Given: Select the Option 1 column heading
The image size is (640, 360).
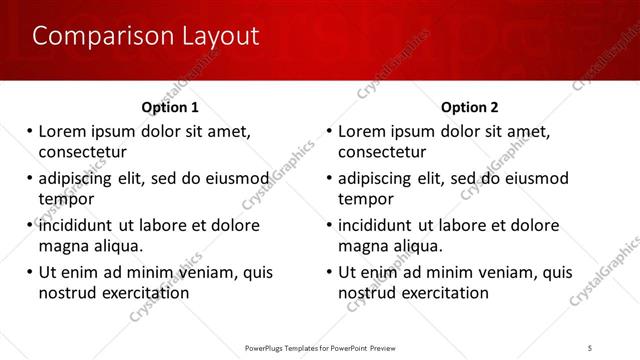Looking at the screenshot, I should [x=170, y=107].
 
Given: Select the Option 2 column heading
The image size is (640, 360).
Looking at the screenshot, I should [x=470, y=107].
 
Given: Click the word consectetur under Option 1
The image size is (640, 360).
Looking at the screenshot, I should [x=82, y=152].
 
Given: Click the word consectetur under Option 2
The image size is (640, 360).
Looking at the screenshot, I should [x=382, y=152].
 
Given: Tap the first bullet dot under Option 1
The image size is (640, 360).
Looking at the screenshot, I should [x=30, y=131].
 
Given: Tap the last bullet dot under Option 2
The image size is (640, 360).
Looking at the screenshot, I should [x=330, y=272].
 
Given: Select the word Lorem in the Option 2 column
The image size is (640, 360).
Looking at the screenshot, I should [x=361, y=131].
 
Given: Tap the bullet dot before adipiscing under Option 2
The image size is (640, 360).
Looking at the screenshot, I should [x=330, y=178].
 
